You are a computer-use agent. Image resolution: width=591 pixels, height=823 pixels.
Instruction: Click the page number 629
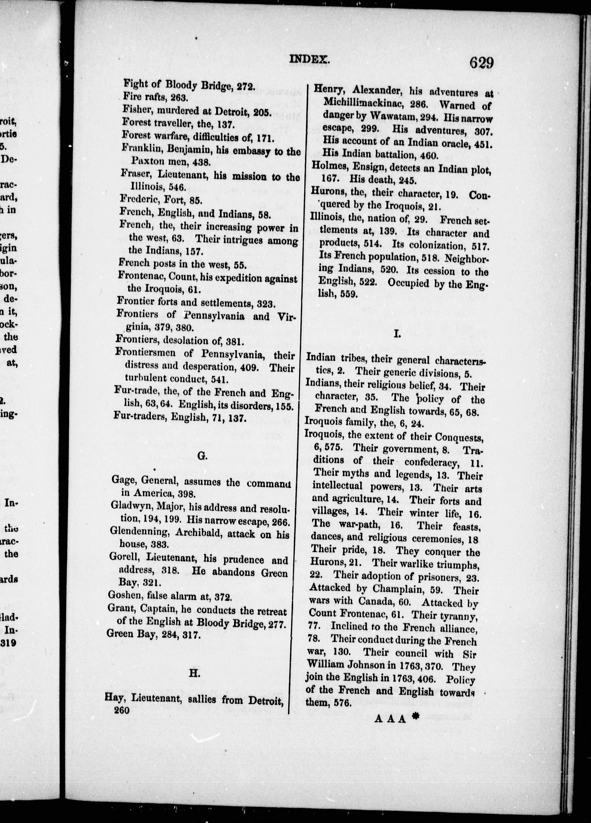(x=482, y=63)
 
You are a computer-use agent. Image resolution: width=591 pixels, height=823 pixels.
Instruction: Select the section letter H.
(x=195, y=673)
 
